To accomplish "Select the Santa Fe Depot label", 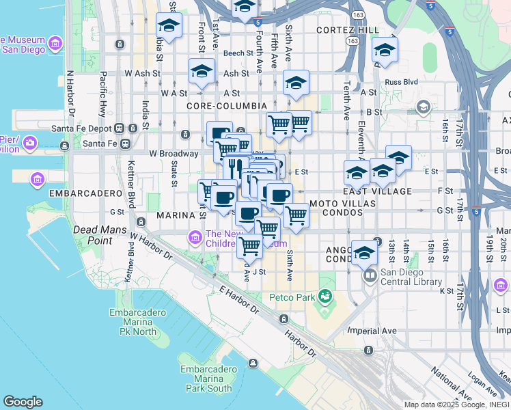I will [x=83, y=128].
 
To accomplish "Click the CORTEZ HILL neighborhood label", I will [x=347, y=31].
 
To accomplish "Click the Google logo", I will [x=23, y=402].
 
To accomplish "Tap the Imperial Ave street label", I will [x=372, y=331].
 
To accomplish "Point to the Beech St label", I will [x=238, y=53].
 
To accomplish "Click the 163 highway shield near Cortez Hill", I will [x=358, y=14].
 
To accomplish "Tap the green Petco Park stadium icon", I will [x=324, y=297].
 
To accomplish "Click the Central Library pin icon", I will [x=370, y=276].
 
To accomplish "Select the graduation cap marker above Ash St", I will [x=202, y=71].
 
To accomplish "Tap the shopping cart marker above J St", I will [x=249, y=245].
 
